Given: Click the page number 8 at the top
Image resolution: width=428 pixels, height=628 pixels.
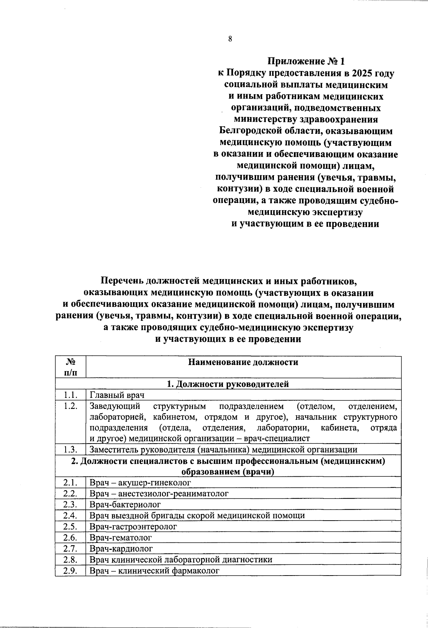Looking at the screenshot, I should tap(230, 39).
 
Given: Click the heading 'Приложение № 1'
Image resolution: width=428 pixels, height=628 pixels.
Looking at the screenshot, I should tap(306, 61).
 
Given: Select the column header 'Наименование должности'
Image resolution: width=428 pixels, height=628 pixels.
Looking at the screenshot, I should tap(243, 363).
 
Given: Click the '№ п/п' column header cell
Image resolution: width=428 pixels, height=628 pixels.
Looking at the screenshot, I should tap(71, 367).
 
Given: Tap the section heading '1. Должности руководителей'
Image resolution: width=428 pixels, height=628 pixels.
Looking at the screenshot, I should tap(228, 384).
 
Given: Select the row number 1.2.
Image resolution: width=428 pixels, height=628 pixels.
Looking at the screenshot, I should tap(71, 406).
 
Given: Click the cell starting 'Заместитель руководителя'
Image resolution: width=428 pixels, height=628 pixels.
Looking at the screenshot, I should tap(223, 450).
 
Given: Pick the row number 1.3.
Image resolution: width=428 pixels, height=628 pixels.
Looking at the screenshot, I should tap(71, 450).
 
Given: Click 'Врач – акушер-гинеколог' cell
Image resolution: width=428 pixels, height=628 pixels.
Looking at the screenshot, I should tap(140, 483).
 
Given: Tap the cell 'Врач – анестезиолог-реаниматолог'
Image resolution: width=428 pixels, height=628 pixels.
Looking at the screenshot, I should tap(159, 493).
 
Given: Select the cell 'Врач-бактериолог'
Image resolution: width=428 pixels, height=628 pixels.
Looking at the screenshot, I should tap(125, 505).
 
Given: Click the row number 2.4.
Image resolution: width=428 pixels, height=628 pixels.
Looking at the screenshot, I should tap(71, 515).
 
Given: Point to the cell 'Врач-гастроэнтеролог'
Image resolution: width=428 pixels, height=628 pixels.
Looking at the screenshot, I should tap(133, 526).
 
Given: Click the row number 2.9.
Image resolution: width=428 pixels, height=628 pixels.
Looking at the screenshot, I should tap(71, 570).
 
